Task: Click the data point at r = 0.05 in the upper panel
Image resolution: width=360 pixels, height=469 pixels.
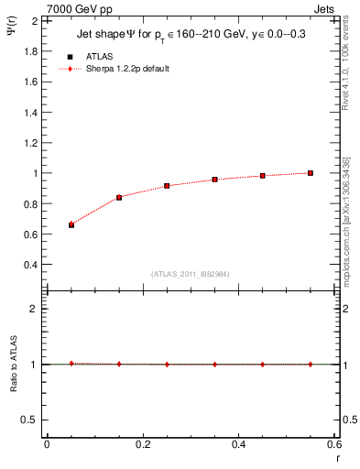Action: (71, 224)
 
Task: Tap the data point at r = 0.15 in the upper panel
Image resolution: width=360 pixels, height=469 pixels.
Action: (119, 197)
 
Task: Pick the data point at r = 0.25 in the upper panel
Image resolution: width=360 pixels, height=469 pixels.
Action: (167, 186)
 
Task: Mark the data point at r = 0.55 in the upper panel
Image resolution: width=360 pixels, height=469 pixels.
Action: (311, 172)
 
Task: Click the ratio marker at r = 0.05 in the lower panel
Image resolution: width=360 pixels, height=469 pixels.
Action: (71, 364)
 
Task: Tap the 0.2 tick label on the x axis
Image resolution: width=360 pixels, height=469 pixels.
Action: (142, 444)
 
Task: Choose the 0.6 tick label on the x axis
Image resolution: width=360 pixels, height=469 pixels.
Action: (333, 444)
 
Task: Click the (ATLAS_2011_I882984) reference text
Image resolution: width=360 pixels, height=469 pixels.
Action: (190, 274)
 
